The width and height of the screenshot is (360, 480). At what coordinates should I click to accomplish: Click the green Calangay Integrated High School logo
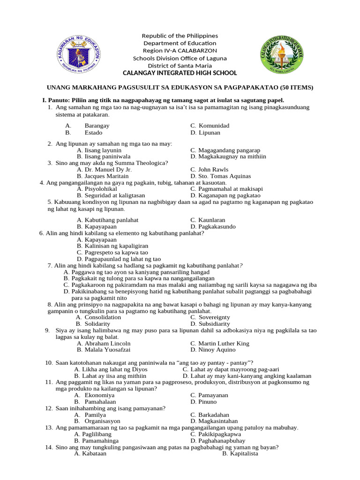pos(282,52)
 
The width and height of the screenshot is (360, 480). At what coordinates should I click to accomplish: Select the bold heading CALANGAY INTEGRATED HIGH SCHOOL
pos(180,73)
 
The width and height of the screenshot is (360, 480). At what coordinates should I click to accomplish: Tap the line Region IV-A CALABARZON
pos(180,51)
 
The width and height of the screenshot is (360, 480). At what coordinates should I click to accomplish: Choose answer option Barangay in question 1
pos(97,126)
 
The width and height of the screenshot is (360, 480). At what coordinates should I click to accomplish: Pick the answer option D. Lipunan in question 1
pos(205,133)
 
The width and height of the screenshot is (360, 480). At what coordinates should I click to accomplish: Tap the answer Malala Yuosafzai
pos(104,350)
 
